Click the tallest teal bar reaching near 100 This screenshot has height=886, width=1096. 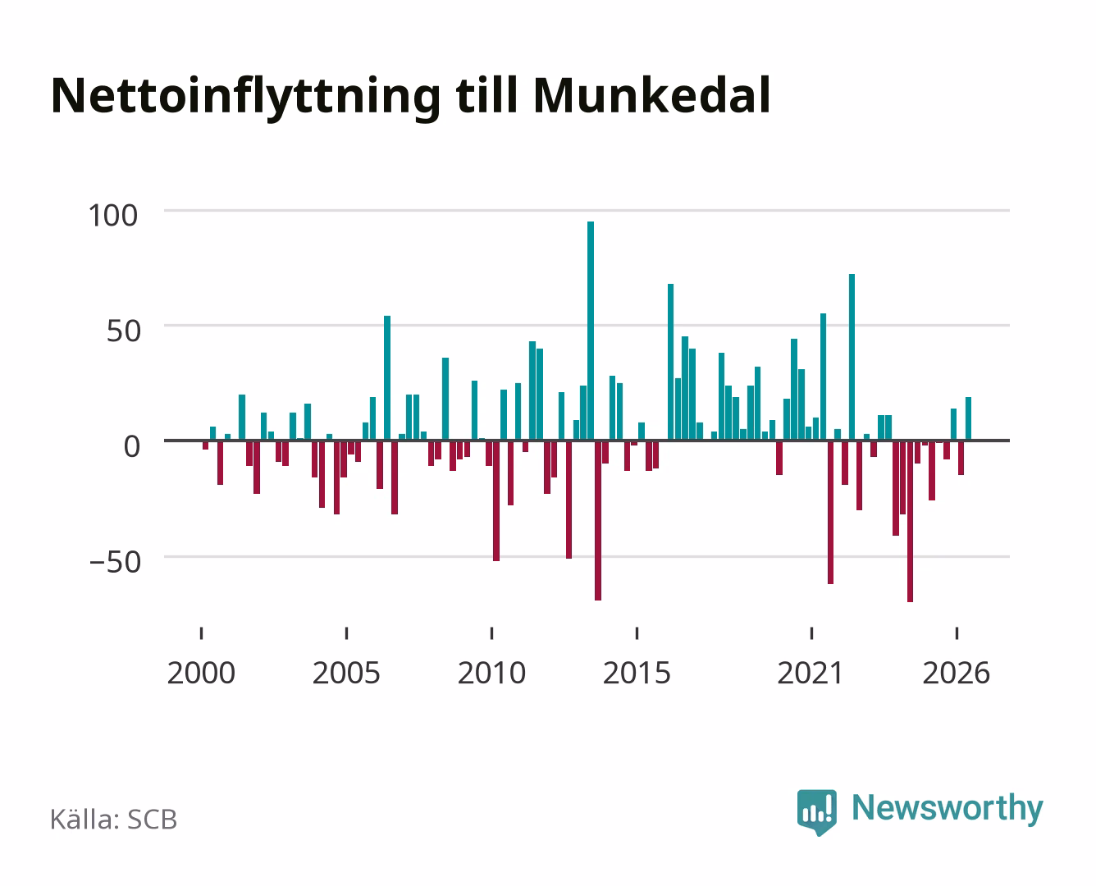point(590,331)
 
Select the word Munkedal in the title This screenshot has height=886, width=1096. point(651,96)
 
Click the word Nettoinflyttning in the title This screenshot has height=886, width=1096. point(245,98)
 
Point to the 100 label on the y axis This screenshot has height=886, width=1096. point(113,215)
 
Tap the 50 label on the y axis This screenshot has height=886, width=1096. point(124,331)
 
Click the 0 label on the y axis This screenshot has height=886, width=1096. point(132,446)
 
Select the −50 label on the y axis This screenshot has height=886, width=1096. point(115,562)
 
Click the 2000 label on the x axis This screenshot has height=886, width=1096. point(201,673)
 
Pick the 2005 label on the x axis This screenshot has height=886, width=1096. point(346,673)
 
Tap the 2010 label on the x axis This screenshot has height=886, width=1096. point(492,673)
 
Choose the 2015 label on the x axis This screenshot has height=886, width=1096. point(637,673)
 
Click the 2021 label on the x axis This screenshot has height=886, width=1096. point(811,673)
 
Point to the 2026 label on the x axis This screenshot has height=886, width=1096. point(957,673)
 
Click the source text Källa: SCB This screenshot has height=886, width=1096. point(114,820)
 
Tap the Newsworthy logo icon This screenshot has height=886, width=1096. point(816,812)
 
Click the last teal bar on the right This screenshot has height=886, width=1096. point(968,419)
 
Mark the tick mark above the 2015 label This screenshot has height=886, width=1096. point(637,633)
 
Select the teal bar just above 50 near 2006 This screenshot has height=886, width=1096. point(387,378)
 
